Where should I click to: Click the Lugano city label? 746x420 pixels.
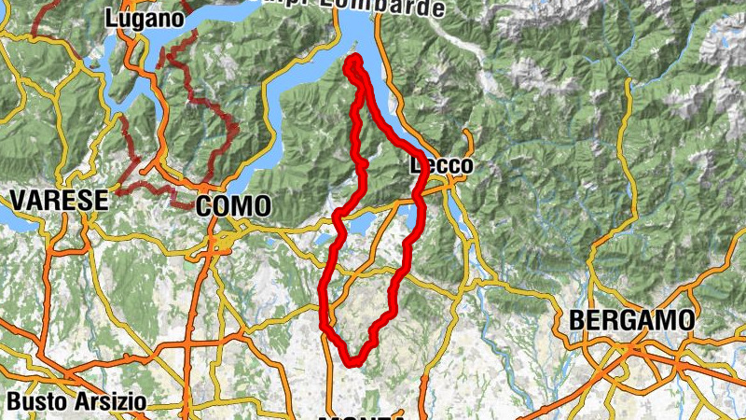click(x=144, y=18)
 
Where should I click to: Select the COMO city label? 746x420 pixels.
click(x=234, y=205)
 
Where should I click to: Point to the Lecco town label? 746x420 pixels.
click(x=442, y=165)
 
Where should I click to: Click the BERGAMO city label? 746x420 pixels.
click(x=631, y=320)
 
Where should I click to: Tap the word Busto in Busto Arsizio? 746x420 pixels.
click(x=36, y=401)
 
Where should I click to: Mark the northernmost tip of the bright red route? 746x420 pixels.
click(x=354, y=59)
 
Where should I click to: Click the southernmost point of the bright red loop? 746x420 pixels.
click(x=352, y=362)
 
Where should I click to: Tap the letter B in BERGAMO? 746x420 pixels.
click(x=577, y=320)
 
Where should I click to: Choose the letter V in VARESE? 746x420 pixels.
click(x=18, y=199)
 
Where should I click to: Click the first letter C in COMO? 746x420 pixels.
click(x=204, y=205)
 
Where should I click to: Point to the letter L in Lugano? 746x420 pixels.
click(x=112, y=18)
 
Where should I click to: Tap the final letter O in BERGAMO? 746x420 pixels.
click(x=684, y=320)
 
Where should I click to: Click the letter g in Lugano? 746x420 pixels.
click(x=140, y=20)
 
